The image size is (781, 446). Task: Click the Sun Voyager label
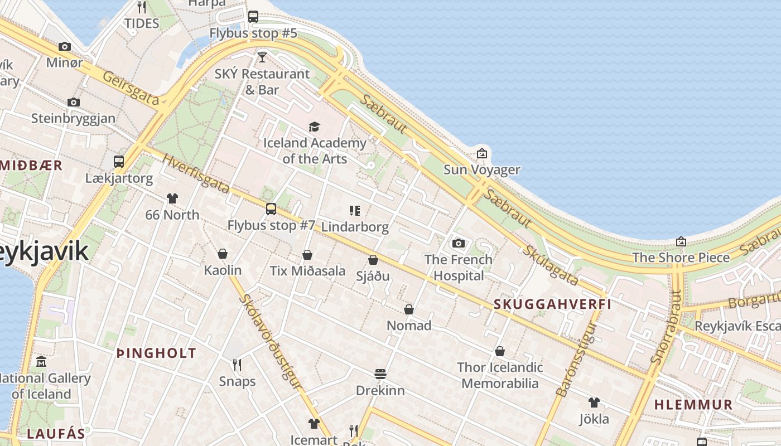pos(481,169)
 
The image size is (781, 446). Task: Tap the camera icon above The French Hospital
pos(459,243)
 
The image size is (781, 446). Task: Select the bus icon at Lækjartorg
pos(119,162)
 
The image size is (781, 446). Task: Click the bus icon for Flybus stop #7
pos(271,209)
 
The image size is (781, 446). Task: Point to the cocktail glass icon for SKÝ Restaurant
pos(262,57)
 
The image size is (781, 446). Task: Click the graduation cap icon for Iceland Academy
pos(315,127)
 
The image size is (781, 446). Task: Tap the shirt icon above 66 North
pos(172,198)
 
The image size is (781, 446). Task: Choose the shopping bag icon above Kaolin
pos(223,254)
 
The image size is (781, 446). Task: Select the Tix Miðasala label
pos(307,271)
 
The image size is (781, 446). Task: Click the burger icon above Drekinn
pos(380,374)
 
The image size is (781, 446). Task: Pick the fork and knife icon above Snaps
pos(237,365)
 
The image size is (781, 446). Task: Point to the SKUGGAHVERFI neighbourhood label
pos(552,304)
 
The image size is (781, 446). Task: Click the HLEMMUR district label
pos(693,405)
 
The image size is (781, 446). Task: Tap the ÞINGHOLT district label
pos(156,353)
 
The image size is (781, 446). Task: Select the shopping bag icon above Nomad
pos(409,309)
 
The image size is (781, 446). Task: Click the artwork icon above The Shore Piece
pos(681,241)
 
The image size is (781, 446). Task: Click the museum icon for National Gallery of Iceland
pos(41,362)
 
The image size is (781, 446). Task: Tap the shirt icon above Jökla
pos(594,403)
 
